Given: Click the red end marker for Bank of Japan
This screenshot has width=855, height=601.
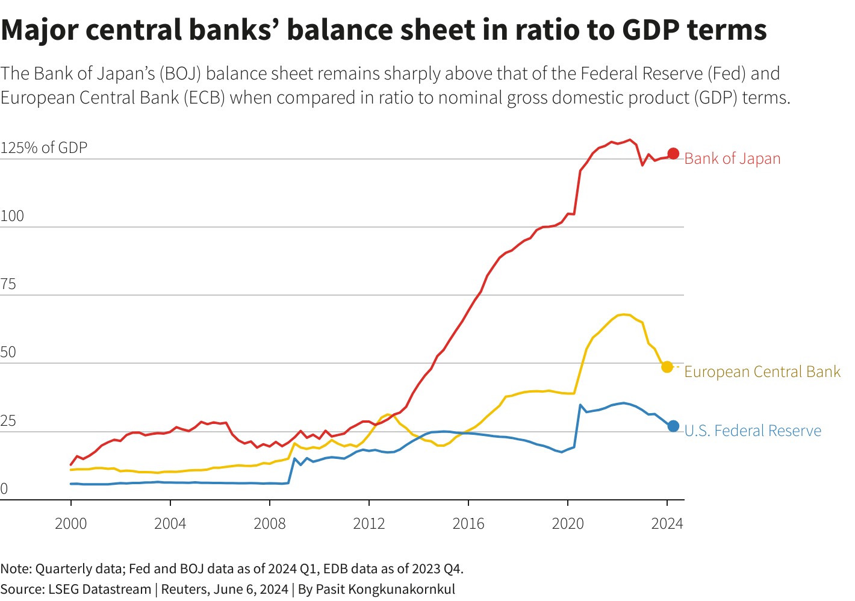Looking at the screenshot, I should click(673, 154).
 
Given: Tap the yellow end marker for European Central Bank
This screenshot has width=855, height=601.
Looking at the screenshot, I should click(667, 367).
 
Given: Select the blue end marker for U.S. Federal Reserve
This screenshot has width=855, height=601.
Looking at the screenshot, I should click(673, 426).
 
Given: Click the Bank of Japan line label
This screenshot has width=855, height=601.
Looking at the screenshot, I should click(732, 158).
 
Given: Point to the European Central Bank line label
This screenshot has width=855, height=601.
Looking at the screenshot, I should click(762, 372).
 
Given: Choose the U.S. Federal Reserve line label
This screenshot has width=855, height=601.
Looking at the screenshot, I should click(753, 431).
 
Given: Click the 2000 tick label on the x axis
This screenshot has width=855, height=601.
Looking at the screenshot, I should click(71, 523).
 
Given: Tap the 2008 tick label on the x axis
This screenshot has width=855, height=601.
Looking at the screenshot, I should click(270, 523).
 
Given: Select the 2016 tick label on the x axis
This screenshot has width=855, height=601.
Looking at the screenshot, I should click(468, 523).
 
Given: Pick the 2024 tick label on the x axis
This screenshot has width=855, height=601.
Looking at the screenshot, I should click(667, 523).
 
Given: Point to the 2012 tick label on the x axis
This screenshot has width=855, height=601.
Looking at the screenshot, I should click(369, 523).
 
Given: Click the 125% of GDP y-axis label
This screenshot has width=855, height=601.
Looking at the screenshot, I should click(44, 148).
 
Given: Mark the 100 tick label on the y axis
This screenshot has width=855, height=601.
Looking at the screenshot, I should click(12, 216).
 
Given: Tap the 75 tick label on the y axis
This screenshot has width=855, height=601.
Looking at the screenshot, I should click(8, 284).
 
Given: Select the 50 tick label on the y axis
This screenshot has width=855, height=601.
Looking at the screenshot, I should click(8, 352).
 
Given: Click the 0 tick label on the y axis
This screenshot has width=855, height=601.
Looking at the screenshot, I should click(4, 488).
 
